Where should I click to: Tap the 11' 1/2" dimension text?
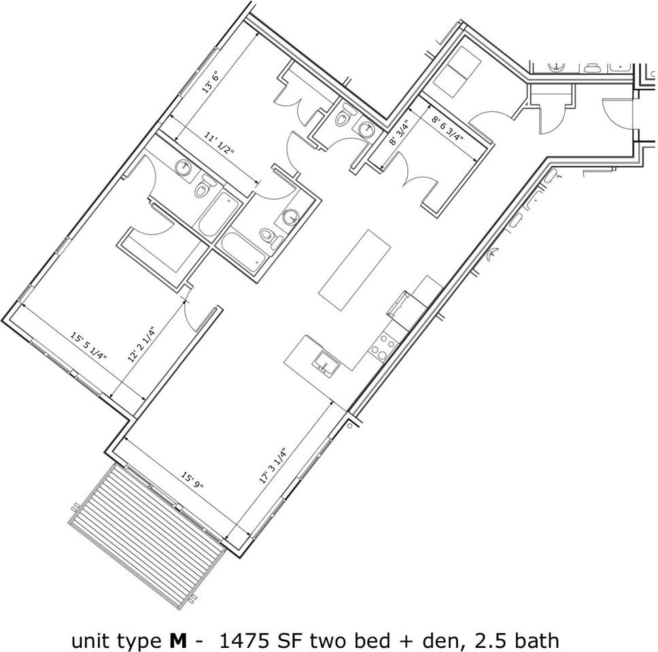click(220, 144)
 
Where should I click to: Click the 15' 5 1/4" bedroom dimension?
click(89, 346)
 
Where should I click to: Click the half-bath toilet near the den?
click(345, 117)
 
